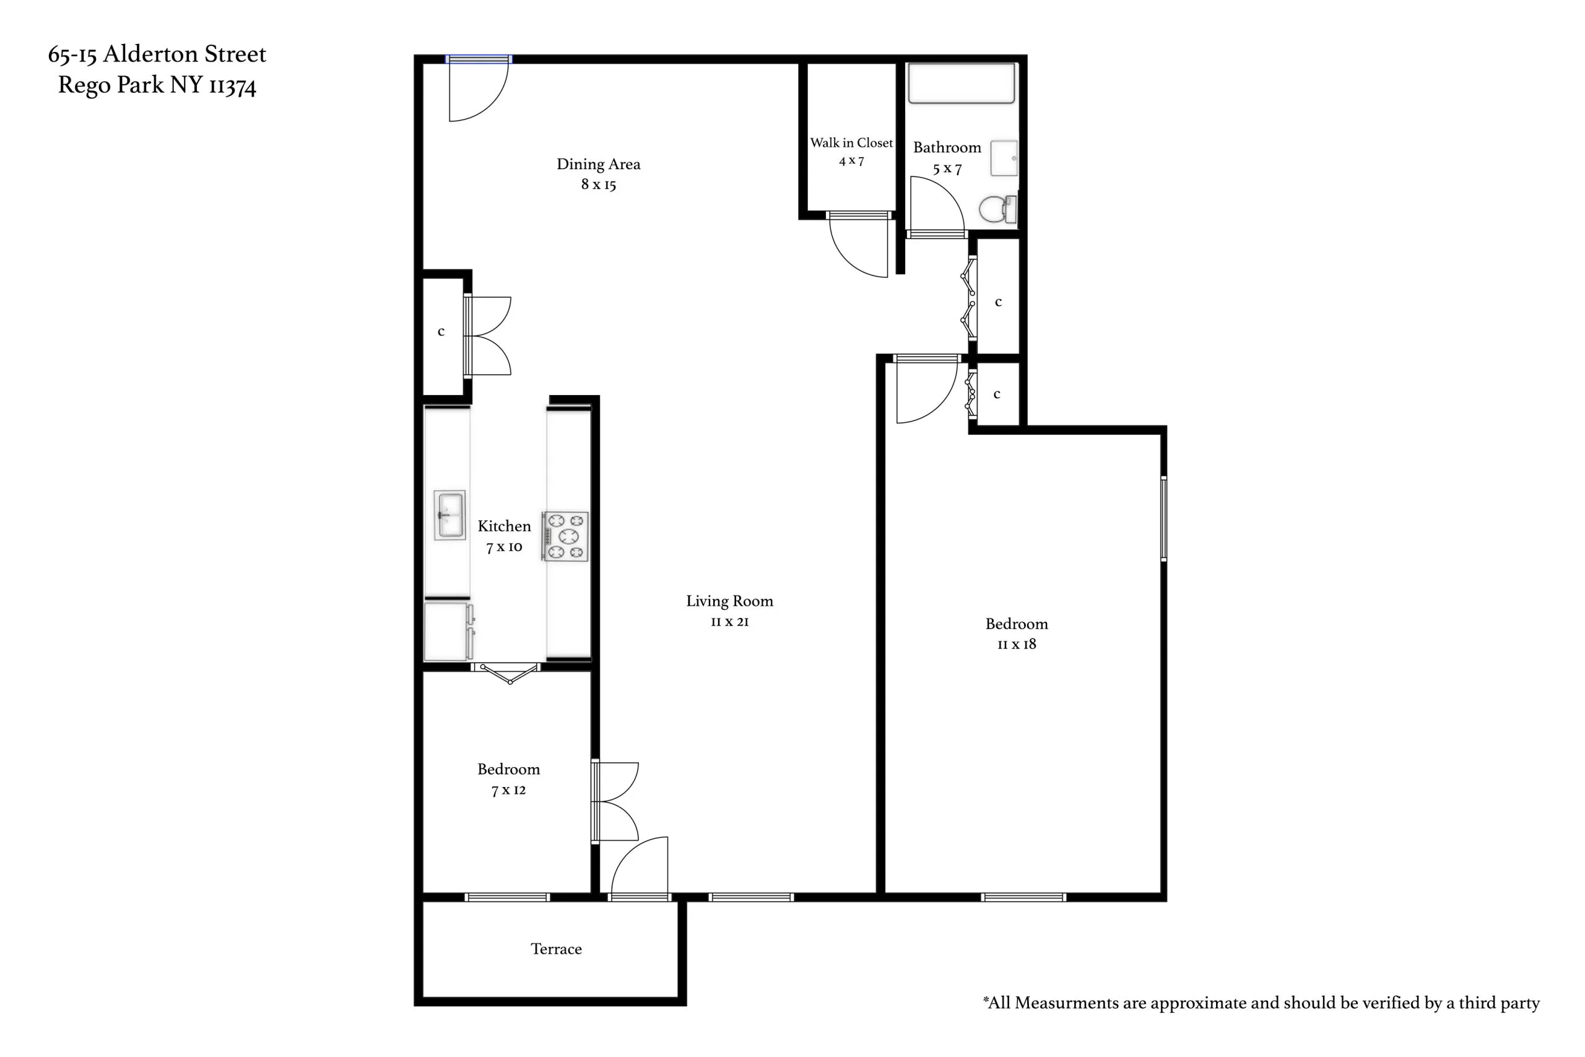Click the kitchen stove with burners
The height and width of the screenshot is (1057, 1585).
[x=565, y=537]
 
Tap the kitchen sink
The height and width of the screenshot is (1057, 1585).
[x=449, y=515]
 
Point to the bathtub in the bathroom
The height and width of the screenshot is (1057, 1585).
[x=961, y=84]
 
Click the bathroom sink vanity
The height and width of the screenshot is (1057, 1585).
[x=1004, y=158]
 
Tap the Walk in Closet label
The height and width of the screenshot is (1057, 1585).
[x=851, y=143]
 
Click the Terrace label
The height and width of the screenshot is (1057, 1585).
[x=556, y=949]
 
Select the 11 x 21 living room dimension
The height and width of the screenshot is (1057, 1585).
[x=729, y=622]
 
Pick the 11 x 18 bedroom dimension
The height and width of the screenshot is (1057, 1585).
[x=1016, y=645]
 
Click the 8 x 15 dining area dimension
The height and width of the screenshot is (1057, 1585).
[x=599, y=184]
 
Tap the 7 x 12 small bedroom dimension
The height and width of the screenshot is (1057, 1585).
[x=508, y=790]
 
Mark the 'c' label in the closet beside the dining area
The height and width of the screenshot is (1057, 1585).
[x=441, y=332]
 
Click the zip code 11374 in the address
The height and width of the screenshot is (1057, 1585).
[x=233, y=85]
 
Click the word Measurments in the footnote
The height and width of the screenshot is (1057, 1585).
[x=1064, y=1003]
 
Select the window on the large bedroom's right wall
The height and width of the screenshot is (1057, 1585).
[x=1163, y=519]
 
